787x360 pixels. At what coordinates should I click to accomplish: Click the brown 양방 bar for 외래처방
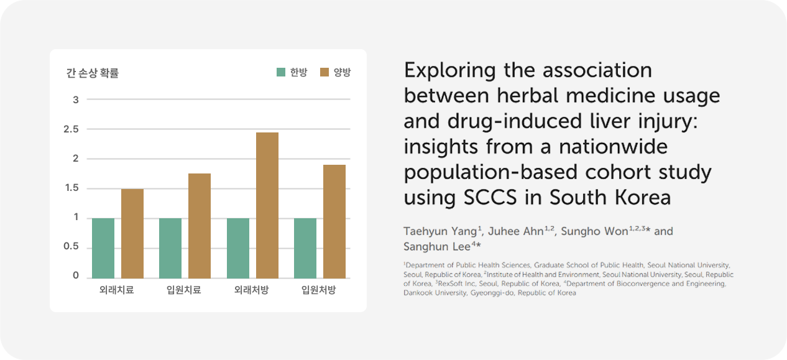coord(267,205)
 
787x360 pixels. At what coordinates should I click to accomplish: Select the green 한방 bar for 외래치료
coord(103,248)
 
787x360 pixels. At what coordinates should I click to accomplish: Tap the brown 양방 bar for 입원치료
coord(200,226)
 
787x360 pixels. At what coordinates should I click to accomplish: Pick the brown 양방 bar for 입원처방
coord(334,221)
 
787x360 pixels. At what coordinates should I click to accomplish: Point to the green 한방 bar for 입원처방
coord(305,248)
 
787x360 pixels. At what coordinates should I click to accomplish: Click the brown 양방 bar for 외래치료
coord(132,233)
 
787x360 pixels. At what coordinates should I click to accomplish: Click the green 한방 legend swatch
coord(281,73)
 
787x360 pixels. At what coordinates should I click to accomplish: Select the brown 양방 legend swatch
coord(324,73)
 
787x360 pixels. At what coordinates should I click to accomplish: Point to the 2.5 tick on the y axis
coord(72,129)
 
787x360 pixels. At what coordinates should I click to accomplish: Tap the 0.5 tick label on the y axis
coord(72,247)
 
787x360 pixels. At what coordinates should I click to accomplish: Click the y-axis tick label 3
coord(76,99)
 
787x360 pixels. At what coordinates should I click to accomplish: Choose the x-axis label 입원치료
coord(184,290)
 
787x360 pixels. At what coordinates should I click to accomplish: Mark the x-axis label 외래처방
coord(251,290)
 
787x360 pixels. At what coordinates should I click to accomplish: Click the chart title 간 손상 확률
coord(93,73)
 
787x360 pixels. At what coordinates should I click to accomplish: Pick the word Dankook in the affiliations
coord(418,293)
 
